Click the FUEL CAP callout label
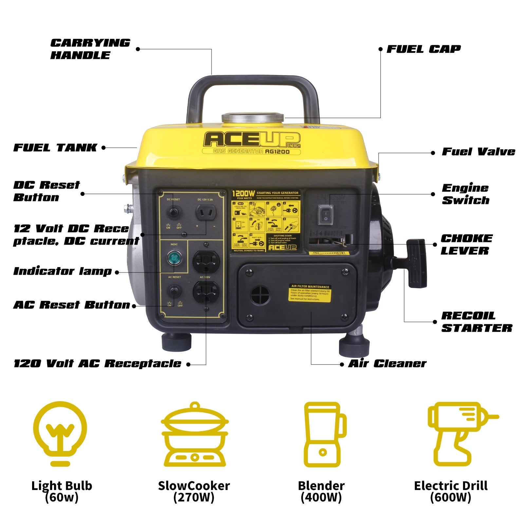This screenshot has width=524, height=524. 423,49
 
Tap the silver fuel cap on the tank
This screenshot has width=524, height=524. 253,118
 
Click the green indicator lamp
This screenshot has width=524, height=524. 174,258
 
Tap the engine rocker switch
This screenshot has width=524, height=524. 326,215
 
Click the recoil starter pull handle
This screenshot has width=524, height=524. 417,263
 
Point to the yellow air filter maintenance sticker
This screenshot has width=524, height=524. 309,293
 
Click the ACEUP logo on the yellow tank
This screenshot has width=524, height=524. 252,140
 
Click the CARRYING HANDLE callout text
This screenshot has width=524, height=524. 90,49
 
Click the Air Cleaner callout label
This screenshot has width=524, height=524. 387,364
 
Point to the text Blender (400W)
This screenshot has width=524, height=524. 321,491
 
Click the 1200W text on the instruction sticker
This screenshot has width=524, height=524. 243,194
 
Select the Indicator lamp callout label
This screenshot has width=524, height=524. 62,271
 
